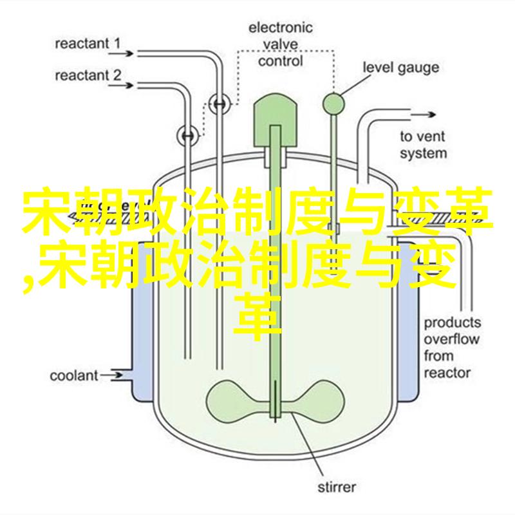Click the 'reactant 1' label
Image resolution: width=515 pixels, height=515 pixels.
point(88,44)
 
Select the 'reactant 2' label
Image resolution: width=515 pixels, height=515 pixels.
point(88,76)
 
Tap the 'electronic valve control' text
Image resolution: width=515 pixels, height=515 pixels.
point(280,44)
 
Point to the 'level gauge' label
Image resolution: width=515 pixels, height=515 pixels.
point(400,68)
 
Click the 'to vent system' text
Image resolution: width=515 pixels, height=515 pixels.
point(424,145)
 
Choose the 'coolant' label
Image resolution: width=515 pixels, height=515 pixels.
point(74,376)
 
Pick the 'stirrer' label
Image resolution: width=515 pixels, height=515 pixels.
point(337,487)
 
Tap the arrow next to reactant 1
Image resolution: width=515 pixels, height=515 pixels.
point(121,53)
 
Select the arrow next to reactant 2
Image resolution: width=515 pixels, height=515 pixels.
point(121,86)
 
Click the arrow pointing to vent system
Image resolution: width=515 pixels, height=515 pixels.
point(423,115)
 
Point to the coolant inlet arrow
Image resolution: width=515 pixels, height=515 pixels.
point(111,375)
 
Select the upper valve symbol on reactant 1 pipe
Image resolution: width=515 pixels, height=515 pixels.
point(220,104)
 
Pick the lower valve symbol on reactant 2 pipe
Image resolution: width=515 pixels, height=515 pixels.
point(188,136)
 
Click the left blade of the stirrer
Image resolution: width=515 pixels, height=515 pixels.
point(239,401)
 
